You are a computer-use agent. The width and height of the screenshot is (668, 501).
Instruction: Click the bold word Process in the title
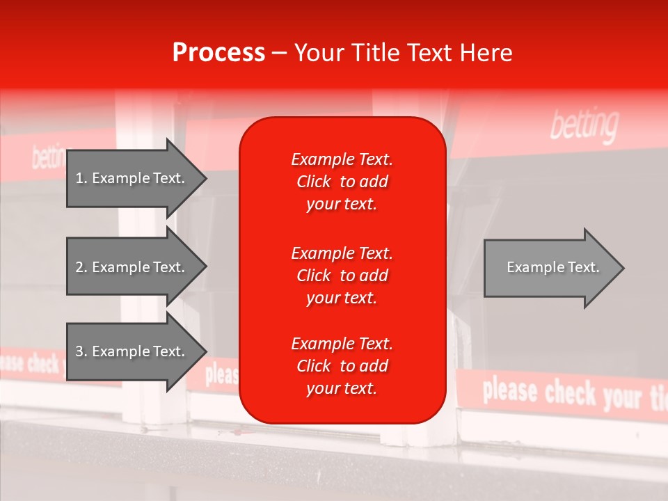218,53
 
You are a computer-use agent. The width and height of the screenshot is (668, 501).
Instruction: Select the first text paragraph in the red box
342,182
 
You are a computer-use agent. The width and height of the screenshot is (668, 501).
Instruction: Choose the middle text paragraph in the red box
342,276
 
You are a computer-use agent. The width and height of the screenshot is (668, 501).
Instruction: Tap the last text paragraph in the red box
342,366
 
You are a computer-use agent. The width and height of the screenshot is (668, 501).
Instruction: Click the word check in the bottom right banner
571,393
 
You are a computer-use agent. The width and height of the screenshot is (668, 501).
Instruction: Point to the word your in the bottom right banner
622,397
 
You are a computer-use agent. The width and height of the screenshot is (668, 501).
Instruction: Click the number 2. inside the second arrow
81,267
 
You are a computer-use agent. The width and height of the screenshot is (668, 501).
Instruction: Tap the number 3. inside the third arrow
81,351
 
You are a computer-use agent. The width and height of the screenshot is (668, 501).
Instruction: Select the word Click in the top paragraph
314,182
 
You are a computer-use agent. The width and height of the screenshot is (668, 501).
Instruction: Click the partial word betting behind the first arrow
48,157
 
